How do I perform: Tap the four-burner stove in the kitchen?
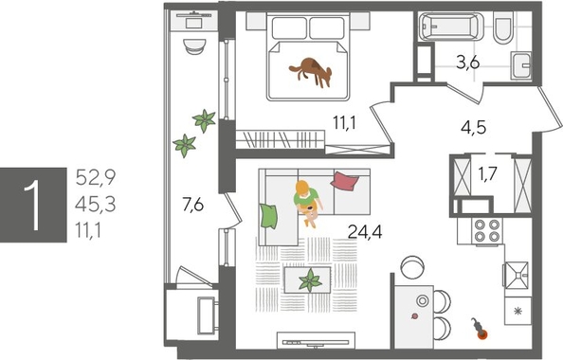coord(486,232)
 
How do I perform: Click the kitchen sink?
coord(518,275)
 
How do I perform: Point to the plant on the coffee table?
coord(309,279)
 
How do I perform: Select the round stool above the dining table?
coord(410,263)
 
